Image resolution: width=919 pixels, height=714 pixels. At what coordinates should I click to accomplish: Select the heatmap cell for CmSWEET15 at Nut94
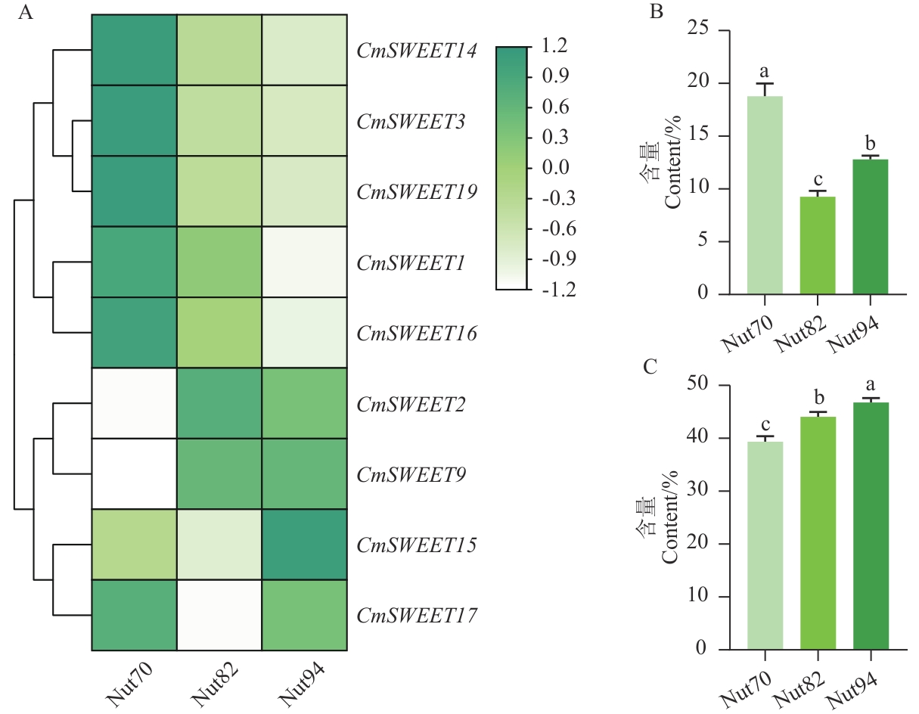[305, 545]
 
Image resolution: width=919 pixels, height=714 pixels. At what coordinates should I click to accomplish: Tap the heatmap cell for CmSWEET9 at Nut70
[135, 474]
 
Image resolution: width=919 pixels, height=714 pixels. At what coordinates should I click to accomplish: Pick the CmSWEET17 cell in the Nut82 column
[219, 615]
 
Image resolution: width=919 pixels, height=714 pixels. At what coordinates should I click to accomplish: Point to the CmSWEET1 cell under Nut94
[305, 262]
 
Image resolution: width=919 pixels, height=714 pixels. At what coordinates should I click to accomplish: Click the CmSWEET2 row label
[411, 405]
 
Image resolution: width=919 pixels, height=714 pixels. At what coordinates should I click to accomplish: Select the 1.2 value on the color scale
[560, 47]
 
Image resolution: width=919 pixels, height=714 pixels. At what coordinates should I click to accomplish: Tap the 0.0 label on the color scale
[560, 168]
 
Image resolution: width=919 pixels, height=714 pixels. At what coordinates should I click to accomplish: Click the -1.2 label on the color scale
[557, 290]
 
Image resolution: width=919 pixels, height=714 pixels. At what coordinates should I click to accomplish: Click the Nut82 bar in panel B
[818, 245]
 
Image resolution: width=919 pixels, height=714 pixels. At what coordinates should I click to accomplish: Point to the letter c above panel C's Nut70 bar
[765, 426]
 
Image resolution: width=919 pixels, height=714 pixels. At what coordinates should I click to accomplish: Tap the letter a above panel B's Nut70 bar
[765, 72]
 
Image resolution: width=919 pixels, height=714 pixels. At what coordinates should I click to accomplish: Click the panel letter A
[25, 14]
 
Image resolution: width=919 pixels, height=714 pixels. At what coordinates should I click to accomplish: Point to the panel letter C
[650, 368]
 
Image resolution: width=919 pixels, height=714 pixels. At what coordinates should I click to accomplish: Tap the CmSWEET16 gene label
[416, 334]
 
